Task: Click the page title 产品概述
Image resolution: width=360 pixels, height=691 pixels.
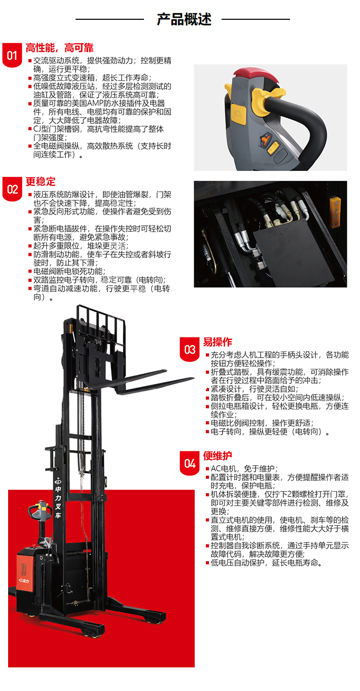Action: [x=184, y=19]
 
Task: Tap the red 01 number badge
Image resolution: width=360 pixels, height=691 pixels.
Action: [x=12, y=55]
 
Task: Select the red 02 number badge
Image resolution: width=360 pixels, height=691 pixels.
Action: [x=12, y=189]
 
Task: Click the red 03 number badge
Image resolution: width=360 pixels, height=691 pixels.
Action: [x=190, y=349]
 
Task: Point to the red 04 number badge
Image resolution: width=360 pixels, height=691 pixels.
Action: [x=190, y=463]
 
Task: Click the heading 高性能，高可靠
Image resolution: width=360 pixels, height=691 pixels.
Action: [x=59, y=48]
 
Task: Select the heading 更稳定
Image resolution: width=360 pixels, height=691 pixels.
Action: [x=41, y=182]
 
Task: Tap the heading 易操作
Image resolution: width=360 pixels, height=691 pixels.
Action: [x=218, y=342]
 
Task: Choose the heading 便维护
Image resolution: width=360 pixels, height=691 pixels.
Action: [x=218, y=456]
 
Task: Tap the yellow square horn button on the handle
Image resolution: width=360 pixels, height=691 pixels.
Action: [x=238, y=114]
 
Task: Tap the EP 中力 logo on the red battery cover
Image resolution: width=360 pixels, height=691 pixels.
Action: [x=24, y=581]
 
